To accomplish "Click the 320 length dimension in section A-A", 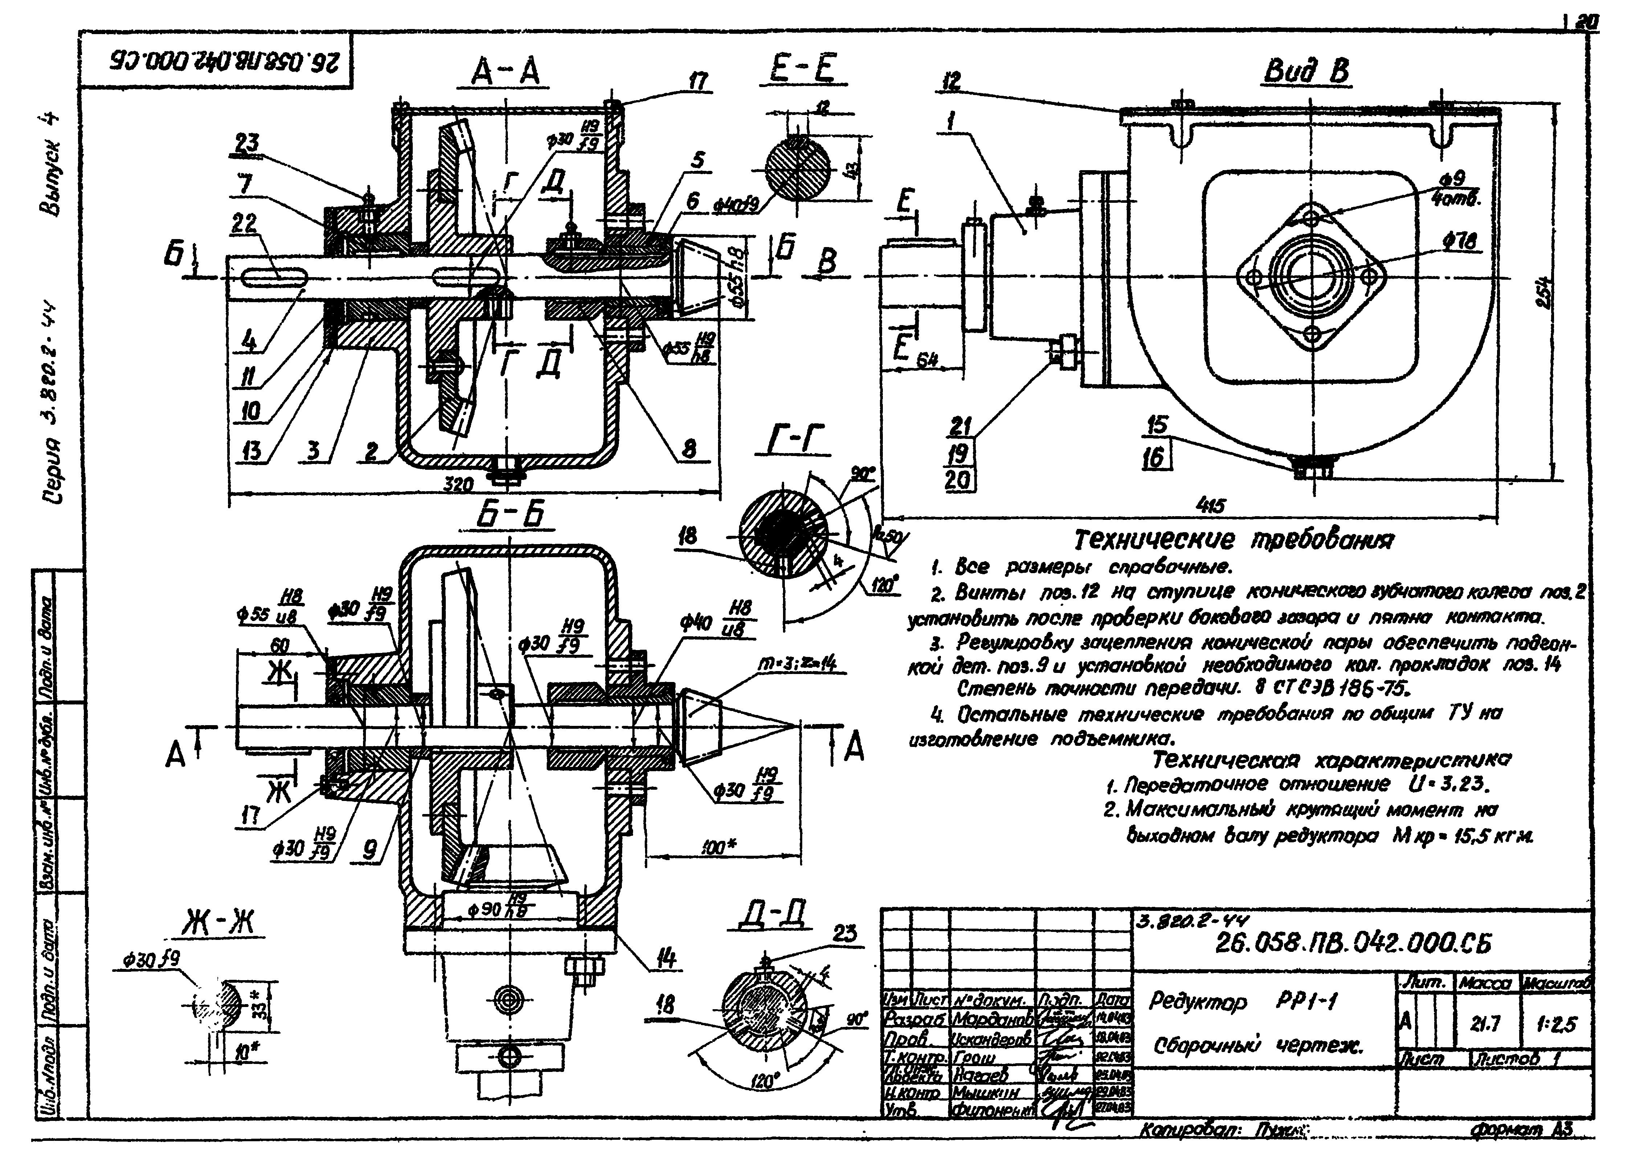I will point(458,485).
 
